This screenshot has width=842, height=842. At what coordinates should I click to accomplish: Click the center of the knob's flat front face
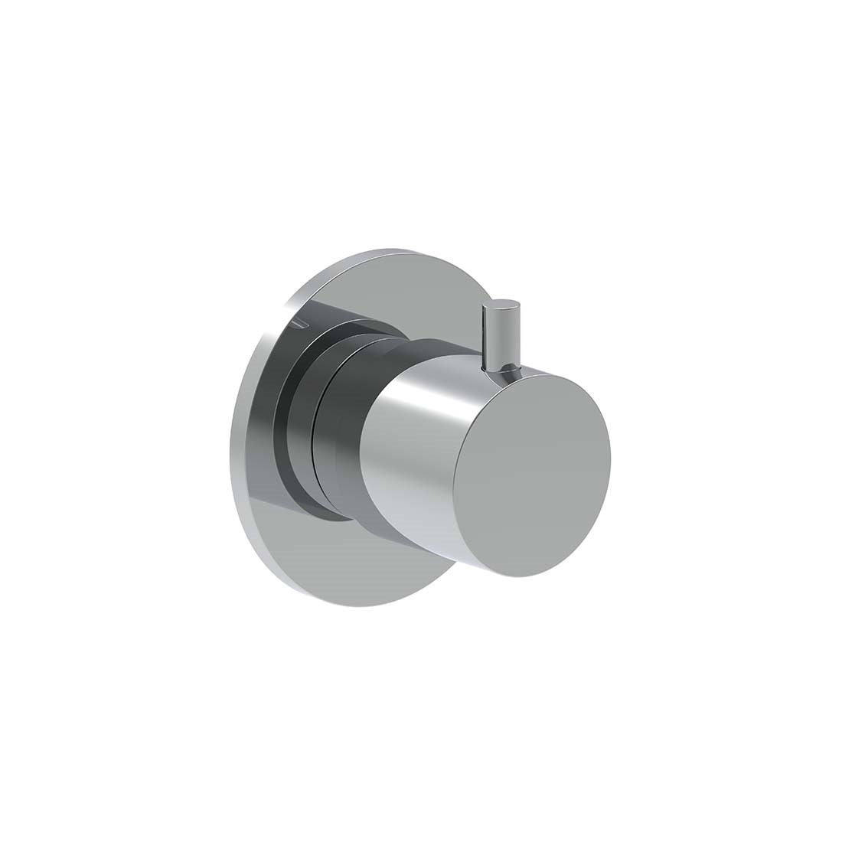pos(531,475)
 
